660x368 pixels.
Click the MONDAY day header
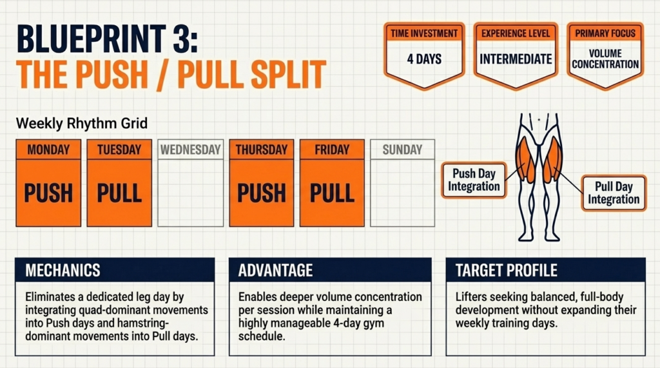pyautogui.click(x=48, y=150)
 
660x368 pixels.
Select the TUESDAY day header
pyautogui.click(x=119, y=150)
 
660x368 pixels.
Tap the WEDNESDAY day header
pyautogui.click(x=191, y=150)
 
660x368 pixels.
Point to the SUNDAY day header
pyautogui.click(x=402, y=150)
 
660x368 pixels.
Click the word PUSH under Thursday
pyautogui.click(x=262, y=193)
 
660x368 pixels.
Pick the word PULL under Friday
pyautogui.click(x=333, y=193)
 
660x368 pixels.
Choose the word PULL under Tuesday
pyautogui.click(x=119, y=193)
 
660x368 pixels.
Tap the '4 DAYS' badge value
pyautogui.click(x=424, y=59)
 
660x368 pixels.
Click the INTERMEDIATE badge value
pyautogui.click(x=516, y=59)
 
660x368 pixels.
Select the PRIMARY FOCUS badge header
pyautogui.click(x=605, y=33)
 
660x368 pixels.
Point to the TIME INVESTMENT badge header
pyautogui.click(x=424, y=33)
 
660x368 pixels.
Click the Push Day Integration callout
pyautogui.click(x=473, y=180)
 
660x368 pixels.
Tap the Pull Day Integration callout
pyautogui.click(x=613, y=193)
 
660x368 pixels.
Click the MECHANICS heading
pyautogui.click(x=63, y=270)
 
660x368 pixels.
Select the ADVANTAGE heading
pyautogui.click(x=275, y=270)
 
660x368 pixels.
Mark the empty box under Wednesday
pyautogui.click(x=191, y=193)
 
